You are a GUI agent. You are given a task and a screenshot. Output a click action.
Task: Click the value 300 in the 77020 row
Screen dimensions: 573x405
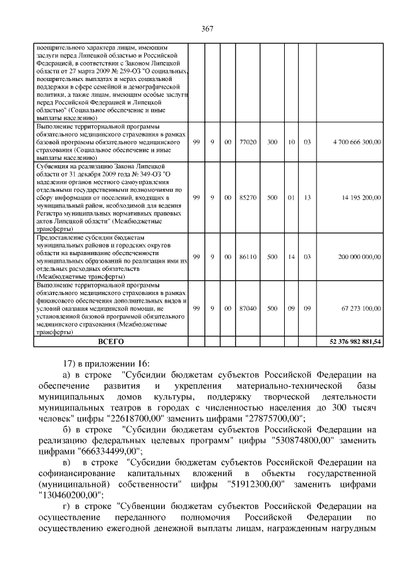pos(272,142)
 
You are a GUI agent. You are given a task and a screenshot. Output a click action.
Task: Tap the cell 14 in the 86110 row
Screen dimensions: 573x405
pos(292,257)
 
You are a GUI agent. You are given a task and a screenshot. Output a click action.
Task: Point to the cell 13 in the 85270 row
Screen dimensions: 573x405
pos(307,198)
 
